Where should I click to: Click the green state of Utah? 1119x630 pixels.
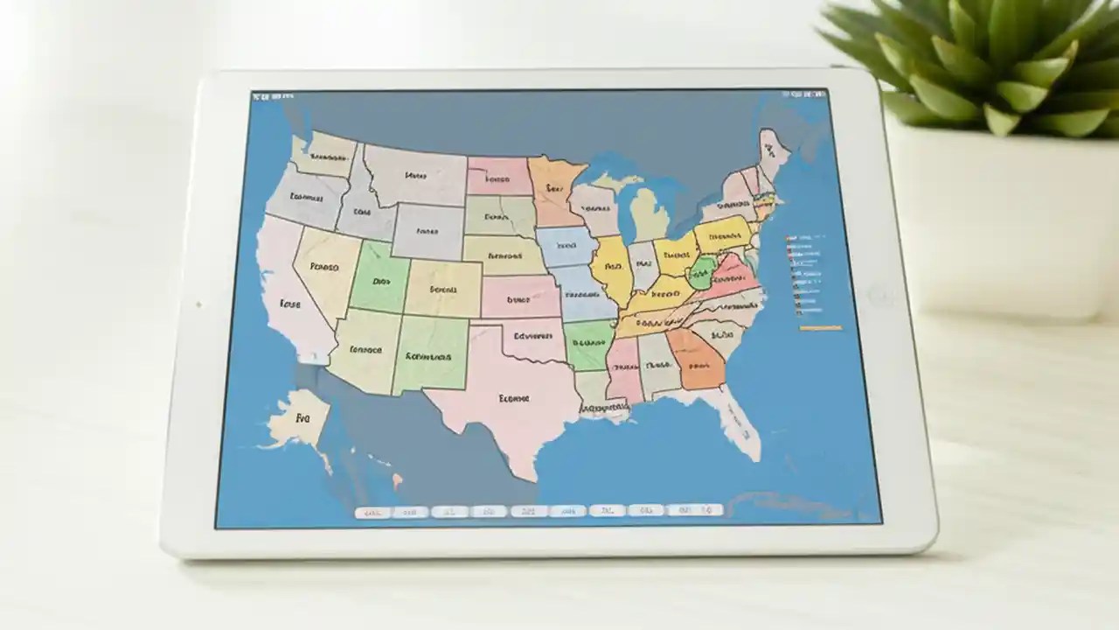tap(379, 280)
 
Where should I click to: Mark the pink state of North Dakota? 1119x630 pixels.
tap(498, 177)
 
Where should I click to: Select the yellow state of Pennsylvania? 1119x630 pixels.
tap(722, 234)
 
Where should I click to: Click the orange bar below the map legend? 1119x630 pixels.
tap(820, 328)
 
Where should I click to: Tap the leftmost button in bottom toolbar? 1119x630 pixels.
tap(372, 512)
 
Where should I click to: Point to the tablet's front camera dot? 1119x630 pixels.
tap(198, 304)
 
